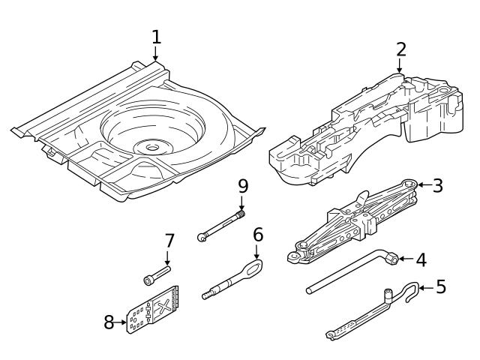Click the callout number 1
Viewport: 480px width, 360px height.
tap(156, 36)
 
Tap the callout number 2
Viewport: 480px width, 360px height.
tap(401, 49)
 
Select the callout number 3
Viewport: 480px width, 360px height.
tap(437, 185)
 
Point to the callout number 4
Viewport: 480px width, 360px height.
tap(421, 259)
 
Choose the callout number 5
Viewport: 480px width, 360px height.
tap(440, 286)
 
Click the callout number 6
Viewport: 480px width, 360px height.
tap(258, 235)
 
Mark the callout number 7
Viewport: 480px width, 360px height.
tap(169, 241)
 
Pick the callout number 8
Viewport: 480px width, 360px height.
tap(109, 322)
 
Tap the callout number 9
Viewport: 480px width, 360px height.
tap(242, 185)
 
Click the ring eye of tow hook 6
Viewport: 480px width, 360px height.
tap(254, 268)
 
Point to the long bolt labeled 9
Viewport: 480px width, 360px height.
tap(221, 226)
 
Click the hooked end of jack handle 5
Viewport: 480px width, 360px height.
tap(410, 292)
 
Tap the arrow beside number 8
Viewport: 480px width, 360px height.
tap(122, 323)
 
